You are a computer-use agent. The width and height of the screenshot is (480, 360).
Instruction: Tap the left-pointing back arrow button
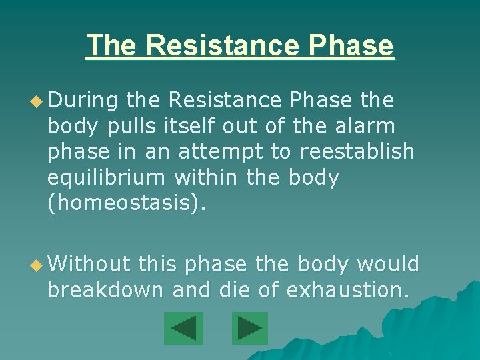[x=183, y=329]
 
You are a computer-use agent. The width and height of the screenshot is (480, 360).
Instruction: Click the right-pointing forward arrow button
[x=250, y=329]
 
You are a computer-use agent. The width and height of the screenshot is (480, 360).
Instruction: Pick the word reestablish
[x=357, y=152]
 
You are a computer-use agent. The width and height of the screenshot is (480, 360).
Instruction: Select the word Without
[x=89, y=265]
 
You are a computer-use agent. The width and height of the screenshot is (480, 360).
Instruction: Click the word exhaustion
[x=349, y=291]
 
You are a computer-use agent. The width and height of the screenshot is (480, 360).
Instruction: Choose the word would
[x=388, y=265]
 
